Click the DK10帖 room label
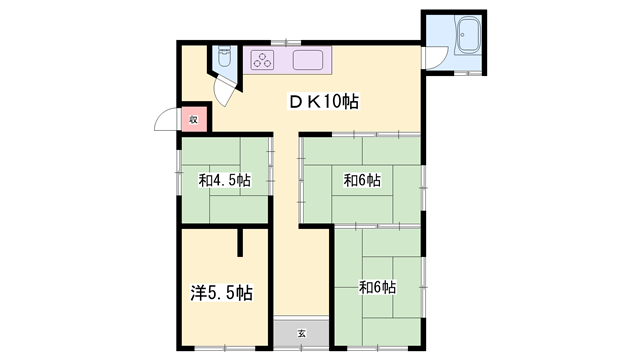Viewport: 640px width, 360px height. (x=324, y=102)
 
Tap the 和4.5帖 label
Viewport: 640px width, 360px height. (x=224, y=180)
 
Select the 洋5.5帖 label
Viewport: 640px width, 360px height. (x=222, y=293)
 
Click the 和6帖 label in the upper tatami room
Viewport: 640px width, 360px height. (x=362, y=180)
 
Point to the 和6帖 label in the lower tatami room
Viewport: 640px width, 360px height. (x=377, y=287)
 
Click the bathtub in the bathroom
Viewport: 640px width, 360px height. (x=468, y=35)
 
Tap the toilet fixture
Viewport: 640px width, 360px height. (x=224, y=56)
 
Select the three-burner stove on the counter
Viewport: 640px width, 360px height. (x=262, y=60)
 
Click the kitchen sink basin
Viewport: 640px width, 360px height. (x=308, y=60)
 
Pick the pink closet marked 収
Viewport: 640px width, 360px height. (x=194, y=119)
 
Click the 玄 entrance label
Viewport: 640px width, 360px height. (x=301, y=333)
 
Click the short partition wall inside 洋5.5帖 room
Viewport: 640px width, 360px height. (x=240, y=242)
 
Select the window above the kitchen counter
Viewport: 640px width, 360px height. (x=286, y=42)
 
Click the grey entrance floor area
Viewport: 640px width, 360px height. (x=301, y=333)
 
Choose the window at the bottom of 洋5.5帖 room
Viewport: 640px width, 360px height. (x=225, y=349)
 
